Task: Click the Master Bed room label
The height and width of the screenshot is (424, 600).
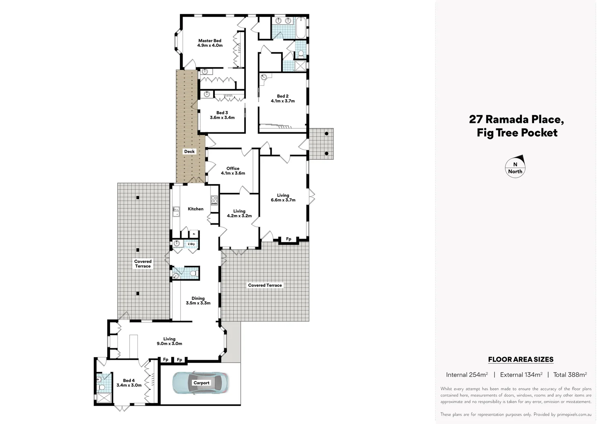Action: [210, 43]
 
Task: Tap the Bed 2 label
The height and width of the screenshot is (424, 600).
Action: [282, 99]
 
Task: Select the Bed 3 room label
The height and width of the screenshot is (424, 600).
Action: [222, 115]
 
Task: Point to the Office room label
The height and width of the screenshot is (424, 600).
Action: [232, 171]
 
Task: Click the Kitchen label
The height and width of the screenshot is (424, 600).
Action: [195, 209]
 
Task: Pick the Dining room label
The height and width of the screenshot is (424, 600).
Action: [198, 301]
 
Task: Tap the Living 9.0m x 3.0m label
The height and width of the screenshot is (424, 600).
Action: [169, 341]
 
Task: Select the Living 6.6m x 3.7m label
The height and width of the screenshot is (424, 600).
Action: [283, 197]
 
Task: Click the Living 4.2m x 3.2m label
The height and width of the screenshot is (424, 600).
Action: [239, 214]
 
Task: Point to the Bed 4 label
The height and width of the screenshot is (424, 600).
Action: [129, 383]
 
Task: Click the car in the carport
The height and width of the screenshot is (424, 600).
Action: [201, 383]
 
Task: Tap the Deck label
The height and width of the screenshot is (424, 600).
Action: [189, 152]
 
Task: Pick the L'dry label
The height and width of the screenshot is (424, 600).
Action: [191, 244]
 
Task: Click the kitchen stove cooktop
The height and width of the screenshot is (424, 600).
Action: [214, 200]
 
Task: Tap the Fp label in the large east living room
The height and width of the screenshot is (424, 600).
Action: [289, 239]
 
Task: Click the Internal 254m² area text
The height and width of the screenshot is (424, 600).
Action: [466, 375]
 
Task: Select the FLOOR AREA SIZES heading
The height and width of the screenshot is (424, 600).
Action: [520, 359]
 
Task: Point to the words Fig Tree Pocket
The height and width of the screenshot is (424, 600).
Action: [517, 133]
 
